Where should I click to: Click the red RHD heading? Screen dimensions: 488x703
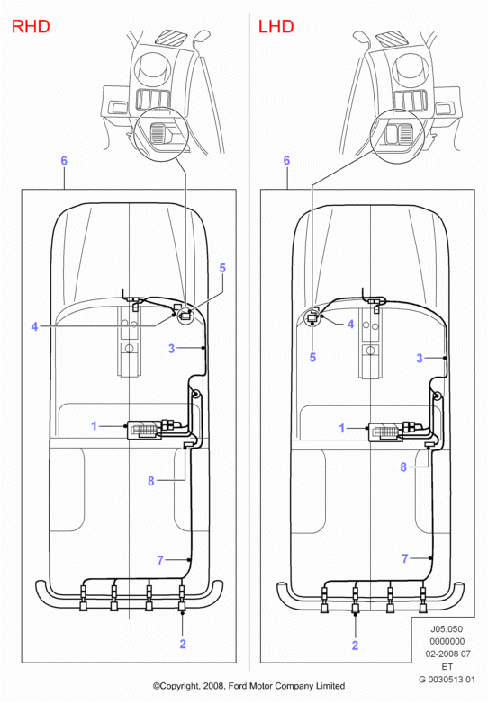[31, 26]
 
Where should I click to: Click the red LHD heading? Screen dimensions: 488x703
[276, 26]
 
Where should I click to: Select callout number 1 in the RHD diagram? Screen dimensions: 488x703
[94, 425]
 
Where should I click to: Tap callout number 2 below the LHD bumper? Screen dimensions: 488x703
[355, 645]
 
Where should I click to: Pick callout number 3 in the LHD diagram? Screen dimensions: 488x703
[420, 358]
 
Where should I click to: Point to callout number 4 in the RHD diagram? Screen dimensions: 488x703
[34, 326]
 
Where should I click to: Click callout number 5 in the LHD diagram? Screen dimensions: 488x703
[313, 357]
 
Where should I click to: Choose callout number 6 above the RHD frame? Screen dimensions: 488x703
[64, 161]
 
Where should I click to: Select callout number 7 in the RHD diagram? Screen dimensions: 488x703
[160, 560]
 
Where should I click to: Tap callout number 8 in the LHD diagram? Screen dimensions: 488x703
[403, 467]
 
